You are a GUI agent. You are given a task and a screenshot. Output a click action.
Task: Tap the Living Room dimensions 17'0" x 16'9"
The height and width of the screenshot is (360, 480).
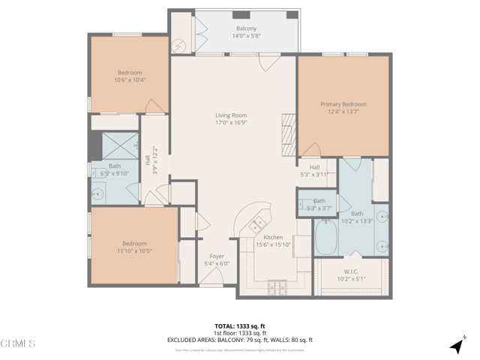231,123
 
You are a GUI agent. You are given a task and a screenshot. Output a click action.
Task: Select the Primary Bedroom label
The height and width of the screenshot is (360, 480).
343,104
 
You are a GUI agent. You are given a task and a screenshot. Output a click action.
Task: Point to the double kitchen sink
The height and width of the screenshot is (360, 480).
258,221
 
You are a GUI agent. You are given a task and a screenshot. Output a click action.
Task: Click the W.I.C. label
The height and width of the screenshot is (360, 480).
351,271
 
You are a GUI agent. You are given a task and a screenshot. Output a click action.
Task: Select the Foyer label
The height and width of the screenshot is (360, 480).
217,256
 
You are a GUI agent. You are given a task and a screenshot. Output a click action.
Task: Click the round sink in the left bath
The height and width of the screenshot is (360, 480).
99,193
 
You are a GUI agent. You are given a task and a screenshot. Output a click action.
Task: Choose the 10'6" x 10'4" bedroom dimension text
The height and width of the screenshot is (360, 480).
129,80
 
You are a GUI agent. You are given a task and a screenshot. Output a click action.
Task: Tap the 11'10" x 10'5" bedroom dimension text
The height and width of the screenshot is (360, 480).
134,251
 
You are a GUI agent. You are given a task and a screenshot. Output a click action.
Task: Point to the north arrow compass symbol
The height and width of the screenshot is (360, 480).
456,346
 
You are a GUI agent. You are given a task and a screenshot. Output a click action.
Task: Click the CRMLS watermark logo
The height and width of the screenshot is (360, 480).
18,343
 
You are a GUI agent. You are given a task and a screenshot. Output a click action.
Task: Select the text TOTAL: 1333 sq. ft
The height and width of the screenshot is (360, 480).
239,325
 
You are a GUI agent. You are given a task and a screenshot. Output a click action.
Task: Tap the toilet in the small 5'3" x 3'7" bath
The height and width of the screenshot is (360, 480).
306,202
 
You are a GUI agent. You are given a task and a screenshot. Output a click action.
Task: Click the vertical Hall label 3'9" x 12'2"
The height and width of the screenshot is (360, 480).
151,160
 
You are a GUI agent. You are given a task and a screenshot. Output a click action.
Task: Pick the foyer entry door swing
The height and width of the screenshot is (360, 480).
211,280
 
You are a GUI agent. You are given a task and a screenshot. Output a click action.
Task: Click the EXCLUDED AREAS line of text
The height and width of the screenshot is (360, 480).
239,340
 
